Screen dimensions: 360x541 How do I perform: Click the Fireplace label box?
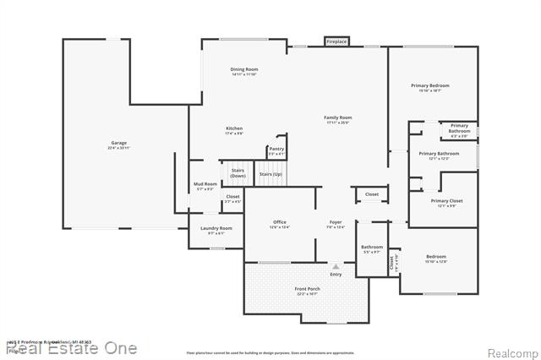[x=336, y=41]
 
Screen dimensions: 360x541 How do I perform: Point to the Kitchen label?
[x=233, y=130]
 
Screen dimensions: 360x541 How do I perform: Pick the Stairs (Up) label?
[x=270, y=174]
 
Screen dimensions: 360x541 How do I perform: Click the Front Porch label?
[x=306, y=291]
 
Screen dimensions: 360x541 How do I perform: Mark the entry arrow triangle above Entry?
[x=336, y=266]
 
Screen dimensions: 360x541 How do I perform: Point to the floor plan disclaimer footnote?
[x=270, y=352]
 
